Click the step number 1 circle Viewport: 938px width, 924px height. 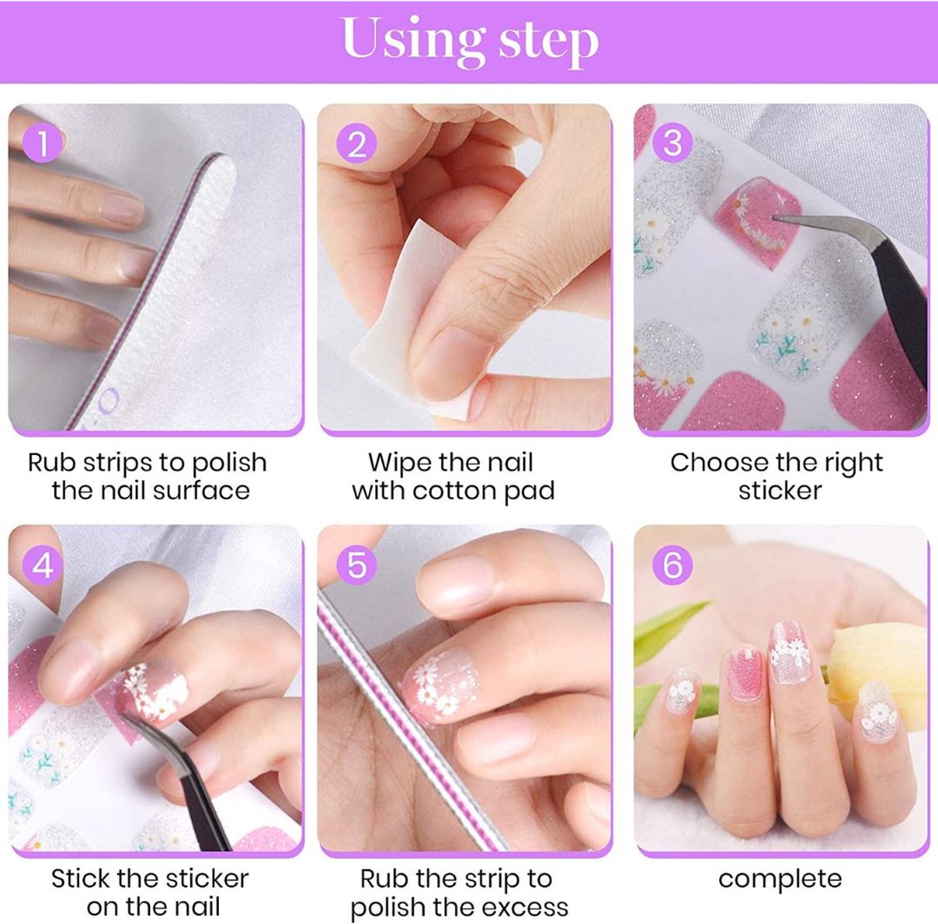(x=43, y=144)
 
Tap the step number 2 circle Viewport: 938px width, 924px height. (x=356, y=145)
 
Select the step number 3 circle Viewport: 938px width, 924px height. (x=672, y=144)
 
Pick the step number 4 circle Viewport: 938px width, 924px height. (x=43, y=564)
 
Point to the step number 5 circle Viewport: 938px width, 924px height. (x=356, y=564)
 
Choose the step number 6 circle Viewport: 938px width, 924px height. (x=672, y=564)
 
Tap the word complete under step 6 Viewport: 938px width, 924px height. (x=780, y=879)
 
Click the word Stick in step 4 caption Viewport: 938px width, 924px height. (x=81, y=879)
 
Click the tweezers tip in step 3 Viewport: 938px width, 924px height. (x=775, y=220)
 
